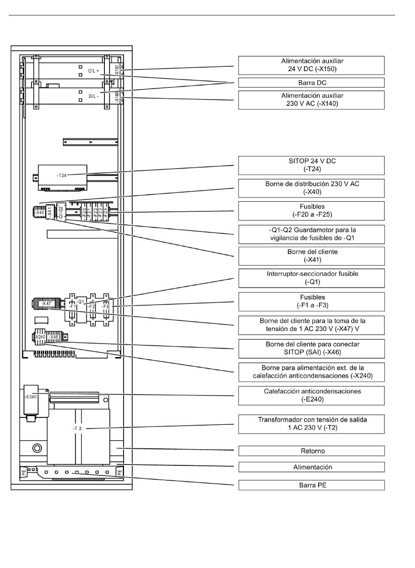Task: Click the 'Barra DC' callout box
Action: point(311,83)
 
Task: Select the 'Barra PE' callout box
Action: point(311,485)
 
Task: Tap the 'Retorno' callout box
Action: point(311,451)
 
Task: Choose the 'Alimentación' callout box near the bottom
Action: point(311,467)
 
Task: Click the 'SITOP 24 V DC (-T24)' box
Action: point(311,165)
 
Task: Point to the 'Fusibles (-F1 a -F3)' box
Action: point(311,302)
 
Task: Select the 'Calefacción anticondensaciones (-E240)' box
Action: point(311,396)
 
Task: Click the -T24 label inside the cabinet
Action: point(62,175)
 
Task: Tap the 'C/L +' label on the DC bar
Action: point(93,71)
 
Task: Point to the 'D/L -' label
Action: point(93,96)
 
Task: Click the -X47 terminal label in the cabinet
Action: point(46,303)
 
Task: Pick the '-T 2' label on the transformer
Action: point(77,429)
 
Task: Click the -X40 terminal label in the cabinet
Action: point(39,212)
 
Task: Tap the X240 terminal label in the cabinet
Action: point(40,337)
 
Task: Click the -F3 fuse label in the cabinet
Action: point(105,306)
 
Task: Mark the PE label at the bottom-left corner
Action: point(24,472)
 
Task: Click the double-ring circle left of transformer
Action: point(37,448)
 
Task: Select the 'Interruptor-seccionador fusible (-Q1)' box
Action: point(311,278)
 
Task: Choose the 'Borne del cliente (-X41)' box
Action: point(311,256)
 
